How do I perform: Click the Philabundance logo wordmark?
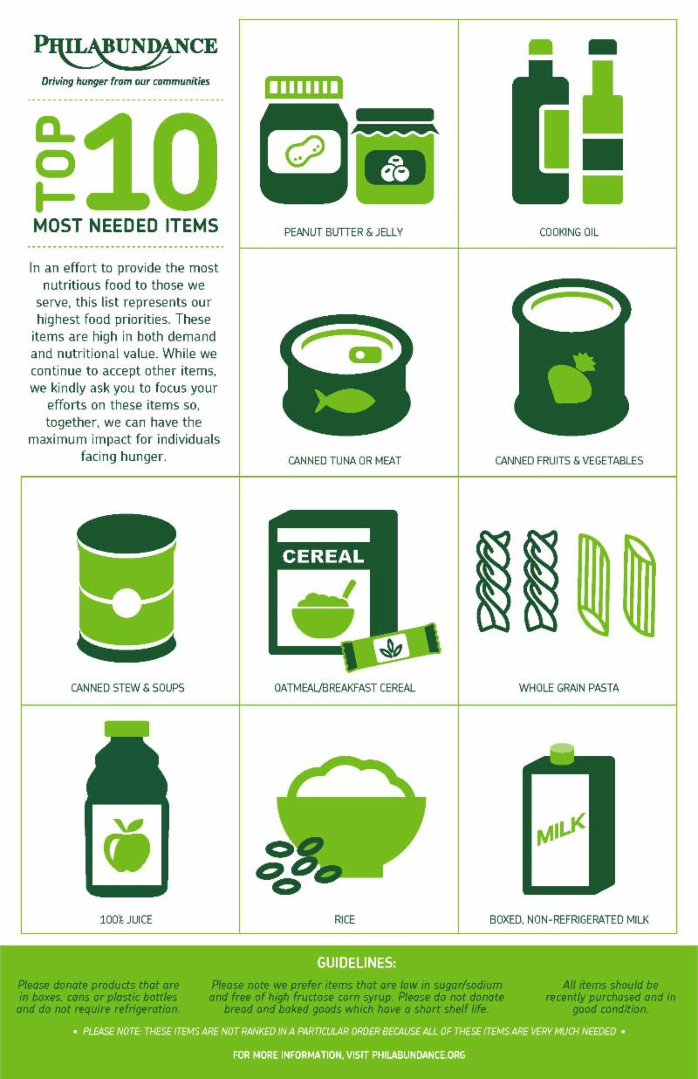126,50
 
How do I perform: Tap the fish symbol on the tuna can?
345,401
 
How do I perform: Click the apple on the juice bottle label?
127,845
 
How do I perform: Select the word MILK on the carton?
561,828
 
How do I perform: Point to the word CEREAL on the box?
323,556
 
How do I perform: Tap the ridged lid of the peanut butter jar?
304,87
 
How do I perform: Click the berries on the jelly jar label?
394,168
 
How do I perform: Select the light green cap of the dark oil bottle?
540,47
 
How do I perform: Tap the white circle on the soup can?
127,602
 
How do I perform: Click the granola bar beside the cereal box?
391,647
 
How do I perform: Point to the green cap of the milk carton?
562,754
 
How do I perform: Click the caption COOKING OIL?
569,232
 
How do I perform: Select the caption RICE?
345,919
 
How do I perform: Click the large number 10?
152,162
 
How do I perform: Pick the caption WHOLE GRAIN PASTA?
569,687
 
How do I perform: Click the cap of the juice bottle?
127,728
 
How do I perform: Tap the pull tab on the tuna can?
365,354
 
